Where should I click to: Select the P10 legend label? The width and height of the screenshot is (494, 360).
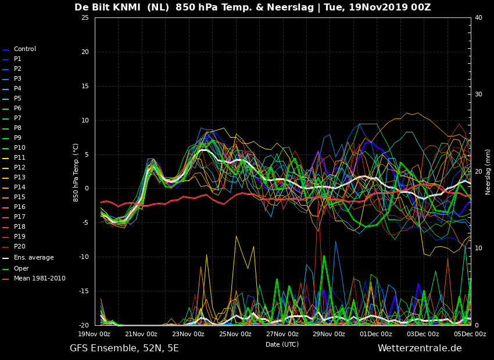point(20,148)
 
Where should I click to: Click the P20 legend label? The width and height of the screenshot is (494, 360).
point(20,247)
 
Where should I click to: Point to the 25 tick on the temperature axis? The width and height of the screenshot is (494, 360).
point(85,17)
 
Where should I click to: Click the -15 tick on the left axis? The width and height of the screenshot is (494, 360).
point(84,291)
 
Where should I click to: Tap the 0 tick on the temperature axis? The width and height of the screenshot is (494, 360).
point(87,189)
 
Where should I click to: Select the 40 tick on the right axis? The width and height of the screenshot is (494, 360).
point(478,17)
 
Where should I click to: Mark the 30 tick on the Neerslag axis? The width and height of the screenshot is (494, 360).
point(478,95)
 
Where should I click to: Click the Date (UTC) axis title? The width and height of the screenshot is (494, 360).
point(282,344)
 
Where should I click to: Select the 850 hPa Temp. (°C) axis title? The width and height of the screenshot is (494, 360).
point(76,173)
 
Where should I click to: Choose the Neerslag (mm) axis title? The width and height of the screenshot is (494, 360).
point(488,172)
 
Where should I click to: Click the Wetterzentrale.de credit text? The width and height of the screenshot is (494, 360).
point(420,348)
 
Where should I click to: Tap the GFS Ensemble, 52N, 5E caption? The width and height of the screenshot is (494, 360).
point(124,348)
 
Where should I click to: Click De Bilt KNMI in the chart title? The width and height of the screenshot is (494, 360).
point(108,7)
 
